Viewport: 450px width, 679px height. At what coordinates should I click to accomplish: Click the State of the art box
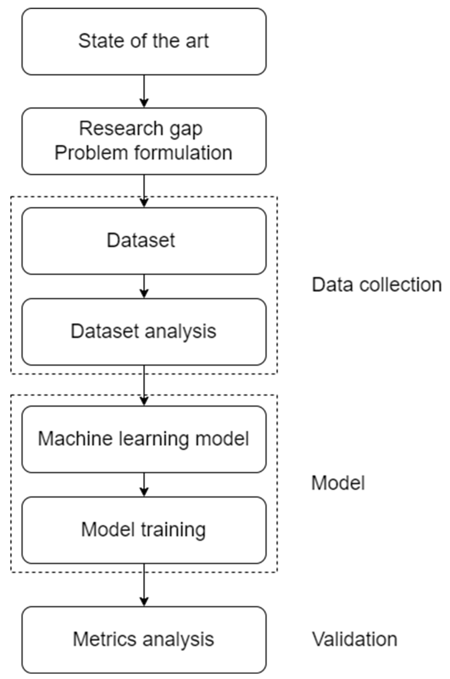(x=144, y=42)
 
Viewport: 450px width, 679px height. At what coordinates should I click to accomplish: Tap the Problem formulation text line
(x=143, y=153)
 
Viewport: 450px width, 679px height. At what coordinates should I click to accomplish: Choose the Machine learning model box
(x=144, y=439)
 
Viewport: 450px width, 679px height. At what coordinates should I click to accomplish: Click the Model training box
(x=144, y=530)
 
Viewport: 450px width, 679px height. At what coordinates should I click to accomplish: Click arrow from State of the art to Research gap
(x=144, y=91)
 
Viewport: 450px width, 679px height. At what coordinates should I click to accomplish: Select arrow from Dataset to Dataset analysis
(x=144, y=286)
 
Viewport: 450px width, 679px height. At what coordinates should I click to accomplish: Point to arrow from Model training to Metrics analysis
(x=144, y=585)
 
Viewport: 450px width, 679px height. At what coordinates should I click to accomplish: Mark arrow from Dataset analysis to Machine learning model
(x=144, y=385)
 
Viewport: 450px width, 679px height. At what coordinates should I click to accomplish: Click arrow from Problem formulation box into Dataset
(x=144, y=191)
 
